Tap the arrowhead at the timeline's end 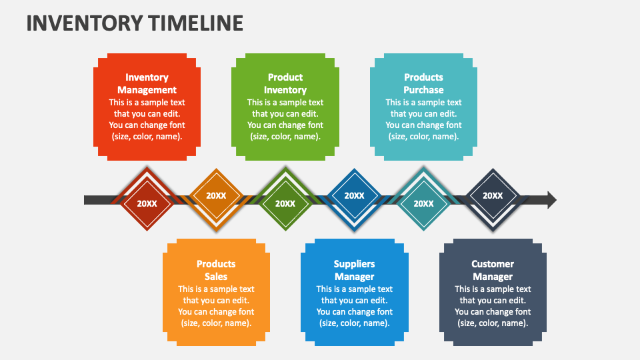pos(551,199)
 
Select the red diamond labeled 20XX pos(147,203)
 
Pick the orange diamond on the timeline pos(216,195)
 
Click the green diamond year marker pos(285,203)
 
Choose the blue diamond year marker pos(354,195)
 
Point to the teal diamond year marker pos(423,203)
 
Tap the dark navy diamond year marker pos(493,195)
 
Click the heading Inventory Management pos(147,84)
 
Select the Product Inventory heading pos(285,84)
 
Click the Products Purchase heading pos(423,84)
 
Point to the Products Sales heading pos(216,270)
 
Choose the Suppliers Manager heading pos(354,270)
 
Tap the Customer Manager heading pos(493,270)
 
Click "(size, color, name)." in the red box pos(147,137)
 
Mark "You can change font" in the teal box pos(423,125)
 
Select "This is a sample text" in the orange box pos(216,289)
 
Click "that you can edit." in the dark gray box pos(493,301)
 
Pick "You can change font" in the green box pos(285,125)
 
